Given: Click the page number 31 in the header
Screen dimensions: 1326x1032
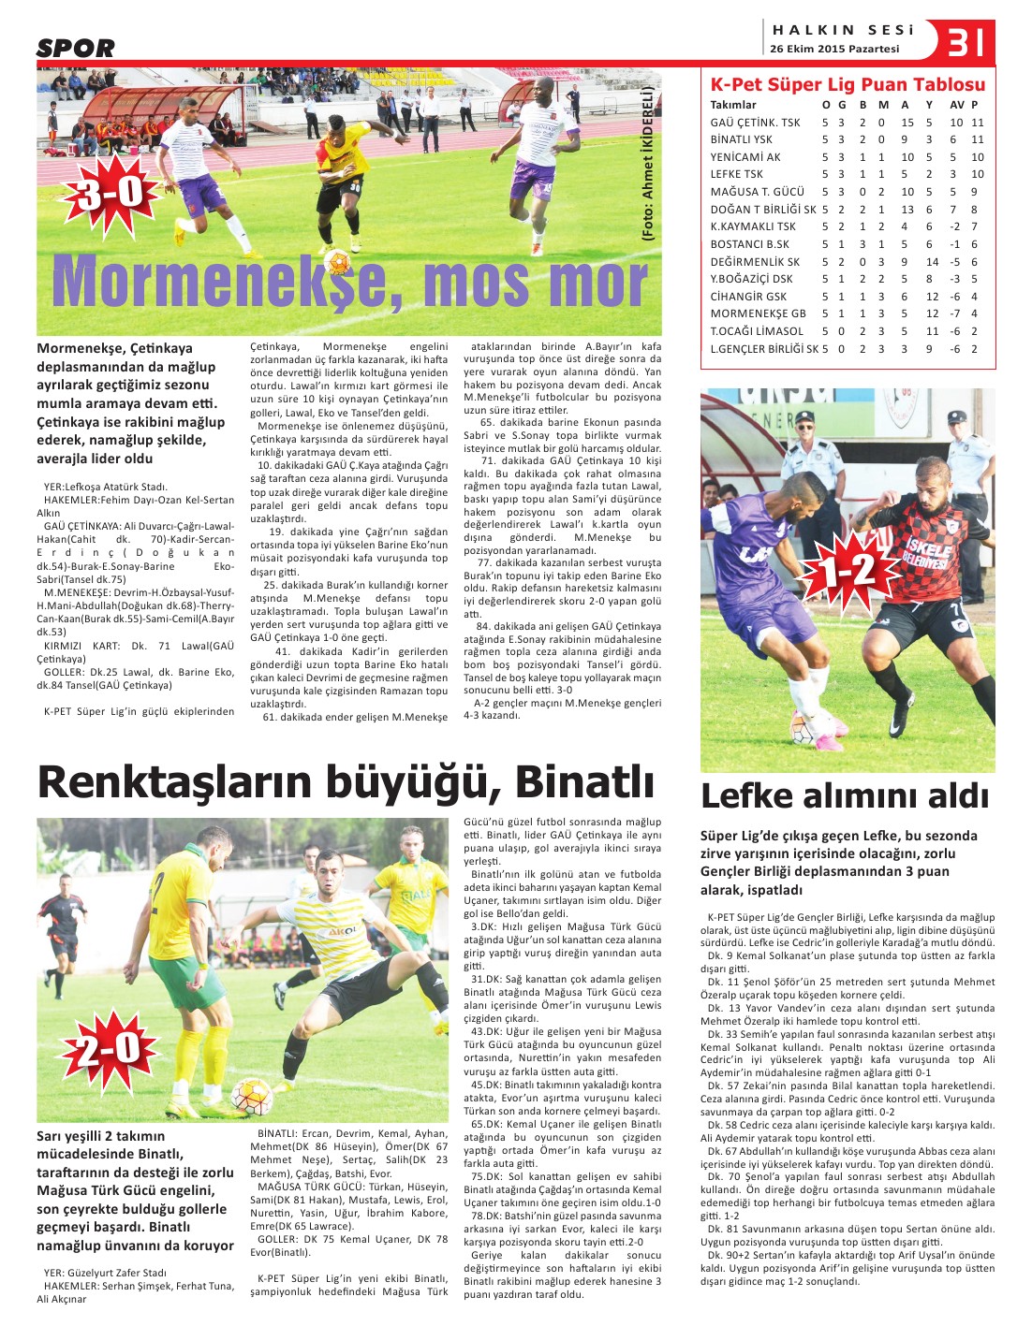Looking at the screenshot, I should coord(969,42).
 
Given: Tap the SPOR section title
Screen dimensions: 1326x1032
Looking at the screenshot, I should coord(76,49).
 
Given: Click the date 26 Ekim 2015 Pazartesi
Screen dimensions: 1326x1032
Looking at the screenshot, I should coord(834,49).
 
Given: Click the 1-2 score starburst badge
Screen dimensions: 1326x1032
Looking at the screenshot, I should coord(849,570).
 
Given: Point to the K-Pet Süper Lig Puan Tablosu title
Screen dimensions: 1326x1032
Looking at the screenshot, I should coord(848,84).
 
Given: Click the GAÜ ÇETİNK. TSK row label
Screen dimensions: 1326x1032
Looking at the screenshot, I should coord(755,123).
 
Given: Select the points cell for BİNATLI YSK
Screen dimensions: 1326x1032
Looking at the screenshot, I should coord(977,139).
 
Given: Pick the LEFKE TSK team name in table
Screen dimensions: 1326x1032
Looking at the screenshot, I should coord(736,174).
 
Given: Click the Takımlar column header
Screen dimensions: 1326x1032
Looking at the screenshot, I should coord(732,105).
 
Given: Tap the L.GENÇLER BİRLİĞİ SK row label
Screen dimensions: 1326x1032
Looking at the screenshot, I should coord(763,349).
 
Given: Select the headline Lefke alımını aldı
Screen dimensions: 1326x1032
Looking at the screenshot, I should coord(845,796).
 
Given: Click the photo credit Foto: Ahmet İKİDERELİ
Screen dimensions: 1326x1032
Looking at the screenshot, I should coord(646,165).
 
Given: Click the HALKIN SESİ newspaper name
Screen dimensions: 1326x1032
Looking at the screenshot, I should coord(843,30).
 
